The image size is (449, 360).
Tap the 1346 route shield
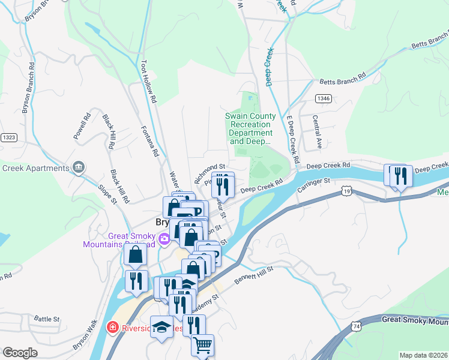pyautogui.click(x=324, y=98)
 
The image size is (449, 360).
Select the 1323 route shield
pyautogui.click(x=8, y=137)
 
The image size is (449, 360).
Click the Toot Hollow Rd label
pyautogui.click(x=148, y=80)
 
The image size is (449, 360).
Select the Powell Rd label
pyautogui.click(x=81, y=127)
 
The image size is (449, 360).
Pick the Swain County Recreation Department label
pyautogui.click(x=251, y=129)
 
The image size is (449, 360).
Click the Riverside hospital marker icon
pyautogui.click(x=111, y=327)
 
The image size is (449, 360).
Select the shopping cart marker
pyautogui.click(x=202, y=345)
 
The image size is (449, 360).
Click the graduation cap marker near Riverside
pyautogui.click(x=161, y=327)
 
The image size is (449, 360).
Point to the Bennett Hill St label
pyautogui.click(x=253, y=275)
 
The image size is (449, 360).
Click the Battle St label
pyautogui.click(x=47, y=319)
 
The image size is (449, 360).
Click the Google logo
pyautogui.click(x=20, y=353)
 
